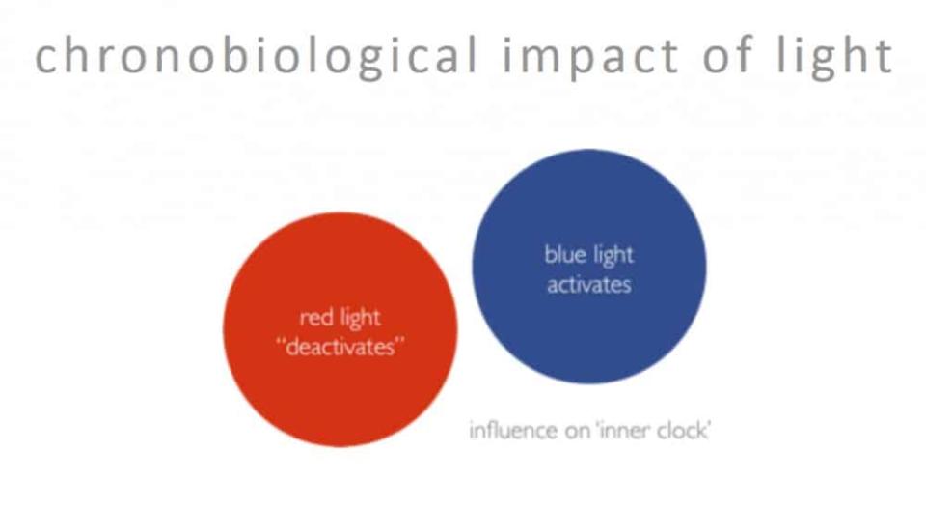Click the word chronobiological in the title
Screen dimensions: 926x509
(256, 57)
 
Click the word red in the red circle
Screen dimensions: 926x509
(315, 318)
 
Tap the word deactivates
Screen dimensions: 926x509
(340, 347)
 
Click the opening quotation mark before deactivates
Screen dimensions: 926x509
(280, 342)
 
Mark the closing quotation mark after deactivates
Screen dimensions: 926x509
(400, 342)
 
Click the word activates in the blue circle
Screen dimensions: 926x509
(588, 285)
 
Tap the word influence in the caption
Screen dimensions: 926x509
(513, 430)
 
